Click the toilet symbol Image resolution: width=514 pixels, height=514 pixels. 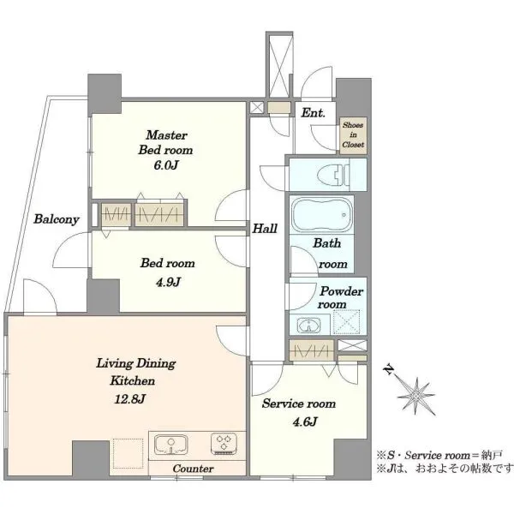(340, 175)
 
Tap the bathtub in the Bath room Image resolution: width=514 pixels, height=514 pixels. (321, 215)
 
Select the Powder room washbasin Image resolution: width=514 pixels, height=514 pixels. (308, 326)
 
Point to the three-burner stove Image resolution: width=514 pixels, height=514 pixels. (224, 443)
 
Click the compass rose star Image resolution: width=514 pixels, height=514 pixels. (416, 396)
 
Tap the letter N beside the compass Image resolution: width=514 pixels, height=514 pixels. (389, 370)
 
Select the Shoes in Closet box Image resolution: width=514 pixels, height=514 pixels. (353, 135)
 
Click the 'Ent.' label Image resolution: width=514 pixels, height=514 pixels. (313, 113)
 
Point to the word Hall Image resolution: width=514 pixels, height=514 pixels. (265, 229)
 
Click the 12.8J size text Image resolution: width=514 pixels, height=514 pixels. (130, 399)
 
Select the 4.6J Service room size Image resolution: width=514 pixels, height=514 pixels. (304, 421)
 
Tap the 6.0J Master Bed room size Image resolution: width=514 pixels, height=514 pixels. (166, 164)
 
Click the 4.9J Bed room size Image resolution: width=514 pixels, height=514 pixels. (168, 282)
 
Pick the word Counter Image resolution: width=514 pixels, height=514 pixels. (193, 469)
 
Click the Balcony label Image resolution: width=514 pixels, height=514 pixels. (57, 219)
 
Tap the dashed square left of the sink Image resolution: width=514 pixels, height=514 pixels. (128, 453)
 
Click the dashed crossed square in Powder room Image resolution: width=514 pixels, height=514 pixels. (346, 321)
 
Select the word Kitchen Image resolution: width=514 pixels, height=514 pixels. (133, 380)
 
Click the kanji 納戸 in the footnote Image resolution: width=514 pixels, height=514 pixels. (492, 456)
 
